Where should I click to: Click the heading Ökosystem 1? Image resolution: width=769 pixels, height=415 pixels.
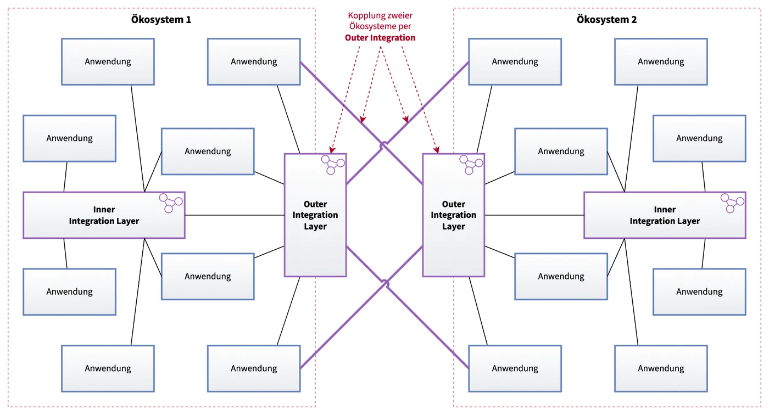[x=161, y=20]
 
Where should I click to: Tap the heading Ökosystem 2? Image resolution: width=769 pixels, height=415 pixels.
[x=606, y=20]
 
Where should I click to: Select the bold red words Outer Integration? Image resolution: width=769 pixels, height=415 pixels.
[x=380, y=38]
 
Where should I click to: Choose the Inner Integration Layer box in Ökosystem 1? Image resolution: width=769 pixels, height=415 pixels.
[x=104, y=215]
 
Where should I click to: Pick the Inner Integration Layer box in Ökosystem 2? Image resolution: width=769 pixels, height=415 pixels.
[x=665, y=215]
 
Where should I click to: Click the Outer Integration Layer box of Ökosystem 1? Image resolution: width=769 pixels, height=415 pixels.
[x=315, y=215]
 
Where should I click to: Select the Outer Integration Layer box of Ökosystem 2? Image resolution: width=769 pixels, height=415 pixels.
[x=454, y=215]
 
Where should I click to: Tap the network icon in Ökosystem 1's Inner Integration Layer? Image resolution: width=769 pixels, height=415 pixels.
[x=171, y=203]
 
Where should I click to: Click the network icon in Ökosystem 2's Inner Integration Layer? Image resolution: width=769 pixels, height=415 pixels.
[x=732, y=203]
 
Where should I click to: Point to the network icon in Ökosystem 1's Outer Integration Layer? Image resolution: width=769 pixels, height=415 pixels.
[x=333, y=165]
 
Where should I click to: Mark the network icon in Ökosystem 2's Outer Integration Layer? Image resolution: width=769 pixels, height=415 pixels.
[x=471, y=165]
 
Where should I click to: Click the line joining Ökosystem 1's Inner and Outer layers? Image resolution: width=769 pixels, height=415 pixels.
[x=235, y=215]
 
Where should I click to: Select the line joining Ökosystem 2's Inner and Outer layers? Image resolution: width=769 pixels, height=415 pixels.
[x=534, y=215]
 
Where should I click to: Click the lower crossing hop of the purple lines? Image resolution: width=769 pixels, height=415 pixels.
[x=385, y=284]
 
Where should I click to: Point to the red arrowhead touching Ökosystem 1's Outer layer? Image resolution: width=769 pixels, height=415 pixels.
[x=332, y=150]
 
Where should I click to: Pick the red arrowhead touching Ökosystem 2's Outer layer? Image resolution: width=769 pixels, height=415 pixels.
[x=437, y=150]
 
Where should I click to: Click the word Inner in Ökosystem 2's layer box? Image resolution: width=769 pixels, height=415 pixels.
[x=665, y=209]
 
